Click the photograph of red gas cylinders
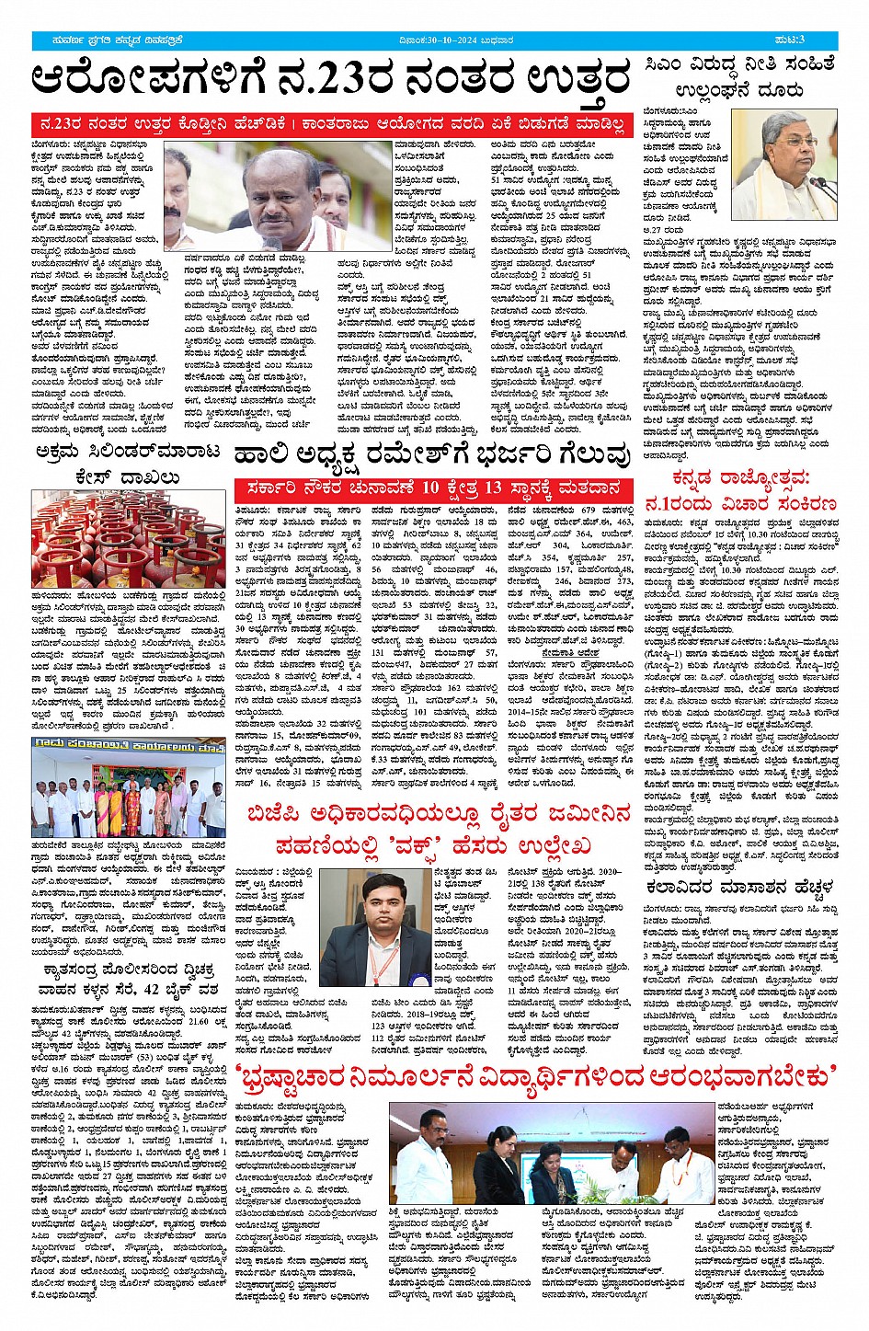pos(128,538)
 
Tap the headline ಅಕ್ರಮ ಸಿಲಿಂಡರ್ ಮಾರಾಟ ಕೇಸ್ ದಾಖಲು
pos(128,464)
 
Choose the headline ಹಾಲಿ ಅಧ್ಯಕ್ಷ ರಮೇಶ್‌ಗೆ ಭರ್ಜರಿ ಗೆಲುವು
pos(432,454)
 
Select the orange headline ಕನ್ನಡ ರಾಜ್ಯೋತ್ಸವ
pos(740,490)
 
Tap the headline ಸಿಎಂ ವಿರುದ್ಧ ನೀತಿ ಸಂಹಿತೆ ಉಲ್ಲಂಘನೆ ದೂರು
pos(740,76)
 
